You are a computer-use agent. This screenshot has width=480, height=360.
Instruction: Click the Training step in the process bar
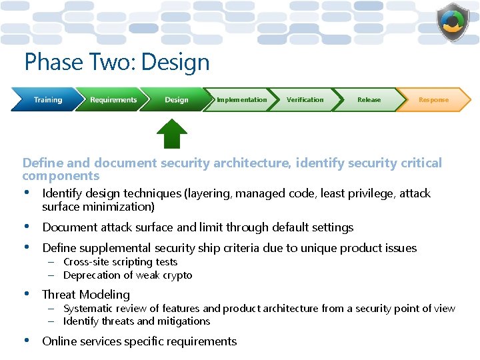(47, 100)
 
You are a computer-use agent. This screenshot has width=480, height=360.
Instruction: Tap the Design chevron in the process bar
(177, 100)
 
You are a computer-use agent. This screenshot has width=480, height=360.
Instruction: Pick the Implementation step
(241, 100)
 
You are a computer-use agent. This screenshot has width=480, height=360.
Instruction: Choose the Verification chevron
(305, 100)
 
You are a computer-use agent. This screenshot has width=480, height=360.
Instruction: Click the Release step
(369, 100)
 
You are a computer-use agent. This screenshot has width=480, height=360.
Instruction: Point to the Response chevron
(433, 100)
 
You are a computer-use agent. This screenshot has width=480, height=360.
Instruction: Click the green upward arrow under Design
(173, 133)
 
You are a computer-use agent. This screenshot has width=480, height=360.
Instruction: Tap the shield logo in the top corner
(453, 22)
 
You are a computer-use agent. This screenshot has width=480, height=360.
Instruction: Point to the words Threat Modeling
(86, 294)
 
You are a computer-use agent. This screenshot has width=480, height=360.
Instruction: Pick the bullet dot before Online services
(26, 341)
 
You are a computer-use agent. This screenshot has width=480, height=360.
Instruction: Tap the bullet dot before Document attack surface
(26, 227)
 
